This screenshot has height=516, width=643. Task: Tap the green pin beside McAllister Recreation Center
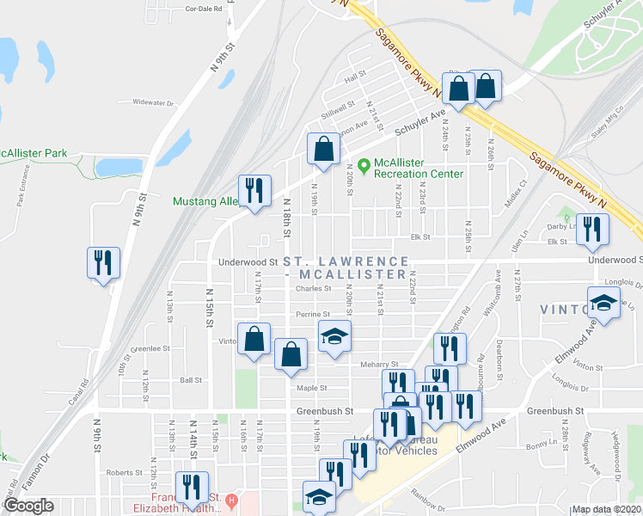pyautogui.click(x=364, y=163)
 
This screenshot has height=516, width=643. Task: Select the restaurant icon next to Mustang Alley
pyautogui.click(x=254, y=191)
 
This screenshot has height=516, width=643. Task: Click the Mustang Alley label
pyautogui.click(x=206, y=202)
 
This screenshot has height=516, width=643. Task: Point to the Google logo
pyautogui.click(x=28, y=506)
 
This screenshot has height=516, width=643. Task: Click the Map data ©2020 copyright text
pyautogui.click(x=606, y=509)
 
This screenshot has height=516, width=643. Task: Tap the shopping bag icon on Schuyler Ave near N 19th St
pyautogui.click(x=322, y=148)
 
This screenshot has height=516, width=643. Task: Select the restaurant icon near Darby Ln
pyautogui.click(x=592, y=229)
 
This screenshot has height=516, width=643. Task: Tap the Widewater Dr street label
pyautogui.click(x=153, y=102)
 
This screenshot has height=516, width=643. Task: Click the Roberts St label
pyautogui.click(x=124, y=472)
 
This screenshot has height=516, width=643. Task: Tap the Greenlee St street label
pyautogui.click(x=147, y=349)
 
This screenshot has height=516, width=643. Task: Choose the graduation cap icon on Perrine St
pyautogui.click(x=335, y=336)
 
